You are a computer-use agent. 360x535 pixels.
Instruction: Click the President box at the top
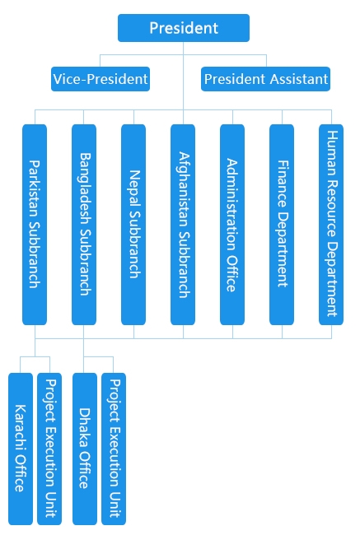184,28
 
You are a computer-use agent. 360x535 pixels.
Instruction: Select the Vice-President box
101,79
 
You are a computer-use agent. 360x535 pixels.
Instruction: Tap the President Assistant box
265,79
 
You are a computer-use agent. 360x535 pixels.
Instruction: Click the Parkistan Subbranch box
35,225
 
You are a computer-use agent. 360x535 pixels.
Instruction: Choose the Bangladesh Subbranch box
84,225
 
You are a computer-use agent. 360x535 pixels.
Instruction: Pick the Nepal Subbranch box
133,225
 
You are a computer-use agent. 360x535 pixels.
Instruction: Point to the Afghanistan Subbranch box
183,225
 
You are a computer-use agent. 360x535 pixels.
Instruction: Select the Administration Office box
232,225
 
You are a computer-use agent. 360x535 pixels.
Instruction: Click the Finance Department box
282,225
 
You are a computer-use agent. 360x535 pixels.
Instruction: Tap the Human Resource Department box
331,225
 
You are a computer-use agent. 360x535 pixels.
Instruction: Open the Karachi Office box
21,449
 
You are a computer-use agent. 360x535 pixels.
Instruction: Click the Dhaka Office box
85,449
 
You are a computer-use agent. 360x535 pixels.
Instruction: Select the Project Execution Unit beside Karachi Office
49,449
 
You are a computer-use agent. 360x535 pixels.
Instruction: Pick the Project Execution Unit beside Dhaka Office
114,449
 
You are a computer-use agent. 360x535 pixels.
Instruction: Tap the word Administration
232,205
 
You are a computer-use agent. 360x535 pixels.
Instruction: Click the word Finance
283,184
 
